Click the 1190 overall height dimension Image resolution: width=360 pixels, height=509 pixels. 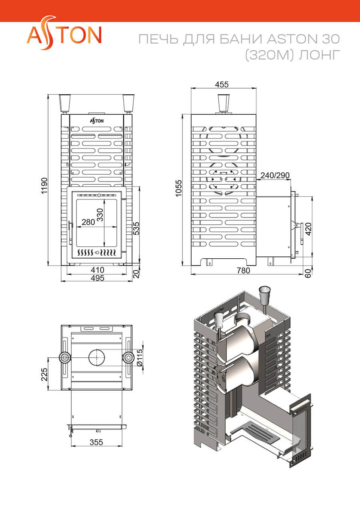[44, 186]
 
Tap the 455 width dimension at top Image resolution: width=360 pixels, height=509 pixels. [222, 84]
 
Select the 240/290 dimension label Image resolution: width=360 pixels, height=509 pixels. [275, 176]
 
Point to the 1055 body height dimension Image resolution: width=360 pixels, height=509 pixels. [179, 188]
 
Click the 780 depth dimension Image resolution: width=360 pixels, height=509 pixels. [244, 271]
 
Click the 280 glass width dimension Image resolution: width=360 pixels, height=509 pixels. [88, 222]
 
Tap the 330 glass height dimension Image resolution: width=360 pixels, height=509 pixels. [100, 215]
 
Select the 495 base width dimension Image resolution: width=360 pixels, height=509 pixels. [97, 278]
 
